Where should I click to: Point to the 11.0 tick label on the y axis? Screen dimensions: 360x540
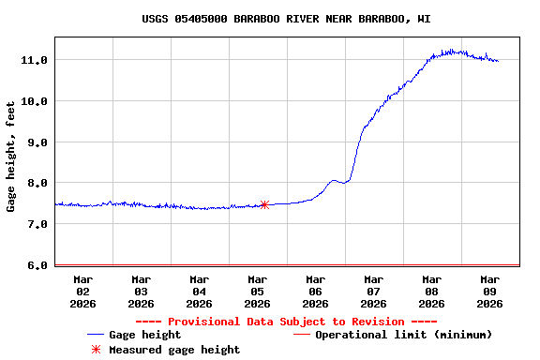(x=35, y=60)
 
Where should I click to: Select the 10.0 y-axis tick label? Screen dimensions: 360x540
(x=35, y=101)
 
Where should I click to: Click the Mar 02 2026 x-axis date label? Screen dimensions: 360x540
(x=83, y=291)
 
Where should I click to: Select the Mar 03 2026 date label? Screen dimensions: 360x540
(x=142, y=291)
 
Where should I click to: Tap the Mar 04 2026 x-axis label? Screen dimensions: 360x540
(x=200, y=291)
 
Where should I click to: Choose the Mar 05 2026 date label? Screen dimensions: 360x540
(x=258, y=291)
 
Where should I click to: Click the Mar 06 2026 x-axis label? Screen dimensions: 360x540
(x=316, y=291)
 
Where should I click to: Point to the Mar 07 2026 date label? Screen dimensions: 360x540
(x=374, y=291)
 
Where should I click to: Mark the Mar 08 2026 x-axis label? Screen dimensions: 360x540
(x=432, y=291)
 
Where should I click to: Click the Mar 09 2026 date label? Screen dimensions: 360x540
(x=490, y=291)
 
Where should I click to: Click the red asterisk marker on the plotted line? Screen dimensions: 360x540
(x=264, y=204)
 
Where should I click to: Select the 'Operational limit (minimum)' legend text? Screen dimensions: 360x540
(x=404, y=335)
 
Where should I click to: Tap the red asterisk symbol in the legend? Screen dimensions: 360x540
(x=95, y=350)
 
